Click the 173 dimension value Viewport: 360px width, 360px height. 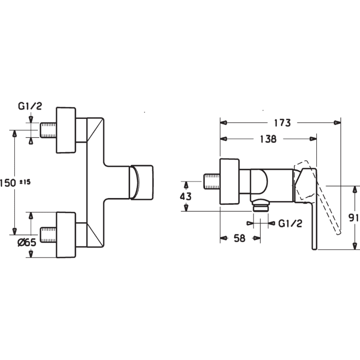282,123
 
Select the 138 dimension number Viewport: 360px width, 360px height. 268,139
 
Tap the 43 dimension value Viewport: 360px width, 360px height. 186,196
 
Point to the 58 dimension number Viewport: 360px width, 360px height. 240,238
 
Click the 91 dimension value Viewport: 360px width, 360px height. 353,218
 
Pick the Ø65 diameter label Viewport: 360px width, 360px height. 27,242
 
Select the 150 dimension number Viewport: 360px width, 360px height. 8,183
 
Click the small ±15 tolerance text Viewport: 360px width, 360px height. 25,182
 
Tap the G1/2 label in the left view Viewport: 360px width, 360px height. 30,106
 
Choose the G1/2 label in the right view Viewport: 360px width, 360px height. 290,223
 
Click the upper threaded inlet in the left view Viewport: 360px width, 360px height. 48,130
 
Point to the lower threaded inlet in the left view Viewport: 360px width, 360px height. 48,235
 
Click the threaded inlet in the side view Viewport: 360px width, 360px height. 212,182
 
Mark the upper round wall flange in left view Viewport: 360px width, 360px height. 66,130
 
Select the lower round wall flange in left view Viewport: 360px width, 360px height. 66,235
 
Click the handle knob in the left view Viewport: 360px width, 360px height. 141,182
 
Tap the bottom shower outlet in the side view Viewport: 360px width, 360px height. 261,206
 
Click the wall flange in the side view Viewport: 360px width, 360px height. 229,182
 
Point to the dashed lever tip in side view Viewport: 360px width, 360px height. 339,232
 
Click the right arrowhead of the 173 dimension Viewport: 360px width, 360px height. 337,122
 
